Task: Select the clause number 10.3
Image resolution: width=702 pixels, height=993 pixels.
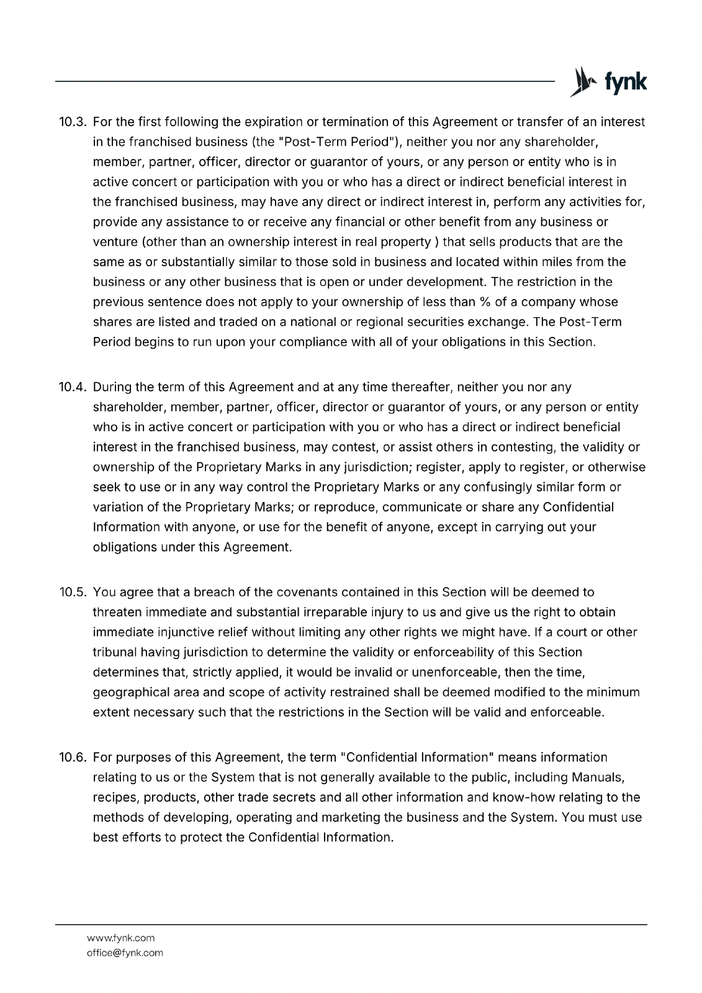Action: tap(71, 122)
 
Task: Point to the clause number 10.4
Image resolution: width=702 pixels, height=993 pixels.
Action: tap(71, 387)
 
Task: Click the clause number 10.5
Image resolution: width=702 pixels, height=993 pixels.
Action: tap(71, 592)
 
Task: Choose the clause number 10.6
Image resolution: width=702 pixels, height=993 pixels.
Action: tap(71, 757)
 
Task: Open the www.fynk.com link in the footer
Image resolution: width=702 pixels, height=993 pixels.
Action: tap(120, 938)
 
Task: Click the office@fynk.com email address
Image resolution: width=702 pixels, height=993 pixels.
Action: tap(125, 953)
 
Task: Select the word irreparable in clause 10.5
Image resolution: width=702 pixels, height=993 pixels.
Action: tap(353, 613)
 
